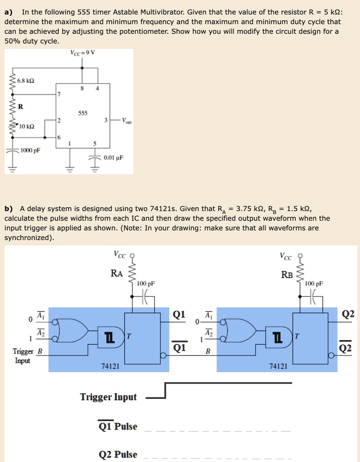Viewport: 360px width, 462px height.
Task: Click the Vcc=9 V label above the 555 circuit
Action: point(83,52)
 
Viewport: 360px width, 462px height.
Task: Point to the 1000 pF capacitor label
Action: point(30,151)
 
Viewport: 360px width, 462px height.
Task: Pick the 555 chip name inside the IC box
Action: point(82,113)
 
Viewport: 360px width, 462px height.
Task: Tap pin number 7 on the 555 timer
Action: point(58,94)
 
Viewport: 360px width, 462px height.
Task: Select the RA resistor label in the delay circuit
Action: point(116,273)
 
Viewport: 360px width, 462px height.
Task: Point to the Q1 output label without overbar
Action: point(179,314)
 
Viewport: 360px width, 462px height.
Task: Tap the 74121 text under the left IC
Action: point(110,367)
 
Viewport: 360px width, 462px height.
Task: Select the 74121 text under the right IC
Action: point(278,367)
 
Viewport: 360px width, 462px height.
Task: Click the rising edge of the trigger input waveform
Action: point(166,391)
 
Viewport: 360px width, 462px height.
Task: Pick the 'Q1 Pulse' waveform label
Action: point(118,426)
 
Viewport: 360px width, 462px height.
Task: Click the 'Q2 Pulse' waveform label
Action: point(118,454)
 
